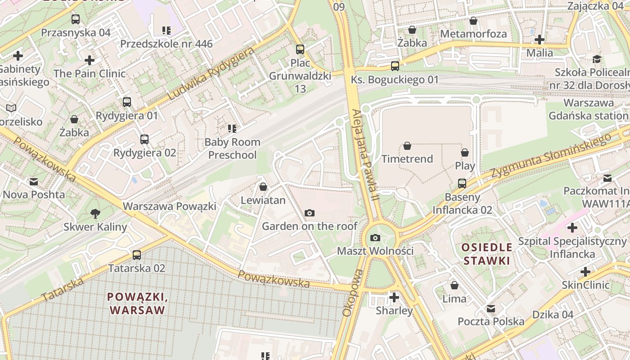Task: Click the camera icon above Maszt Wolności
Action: click(375, 238)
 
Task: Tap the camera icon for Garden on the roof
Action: click(310, 213)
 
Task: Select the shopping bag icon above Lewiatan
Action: click(263, 187)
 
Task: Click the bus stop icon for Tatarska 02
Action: click(137, 255)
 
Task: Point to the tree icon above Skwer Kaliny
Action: click(95, 213)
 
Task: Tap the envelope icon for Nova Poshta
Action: click(34, 182)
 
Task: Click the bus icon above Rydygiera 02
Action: click(144, 139)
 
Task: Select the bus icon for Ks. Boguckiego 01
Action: click(395, 66)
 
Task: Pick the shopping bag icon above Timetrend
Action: click(407, 146)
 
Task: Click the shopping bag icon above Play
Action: click(465, 153)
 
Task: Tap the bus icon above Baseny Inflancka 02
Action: click(462, 184)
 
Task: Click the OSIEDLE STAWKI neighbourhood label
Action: click(486, 254)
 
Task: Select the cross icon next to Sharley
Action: click(394, 297)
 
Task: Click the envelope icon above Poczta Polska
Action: click(491, 308)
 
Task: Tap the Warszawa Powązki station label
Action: click(170, 206)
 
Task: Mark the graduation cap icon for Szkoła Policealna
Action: click(597, 59)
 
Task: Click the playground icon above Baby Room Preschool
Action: click(232, 129)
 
